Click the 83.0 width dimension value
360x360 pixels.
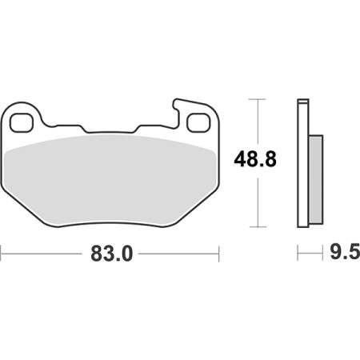(x=112, y=254)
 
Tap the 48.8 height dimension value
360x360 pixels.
(x=255, y=159)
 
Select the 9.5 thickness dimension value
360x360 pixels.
(x=345, y=251)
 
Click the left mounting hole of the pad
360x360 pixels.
(x=22, y=122)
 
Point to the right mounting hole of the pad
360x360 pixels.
(x=198, y=122)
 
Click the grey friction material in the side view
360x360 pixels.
(x=316, y=179)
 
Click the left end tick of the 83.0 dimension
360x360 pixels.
(x=1, y=254)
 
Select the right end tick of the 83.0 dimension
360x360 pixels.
(x=218, y=254)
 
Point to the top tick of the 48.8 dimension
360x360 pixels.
(x=258, y=99)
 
